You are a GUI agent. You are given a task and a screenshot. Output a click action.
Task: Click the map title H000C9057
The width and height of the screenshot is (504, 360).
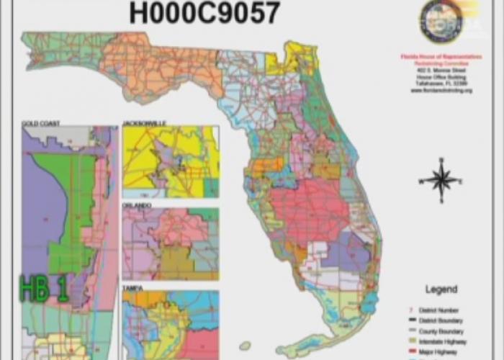(x=204, y=13)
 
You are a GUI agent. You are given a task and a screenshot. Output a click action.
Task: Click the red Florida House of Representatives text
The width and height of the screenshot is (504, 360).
(x=438, y=55)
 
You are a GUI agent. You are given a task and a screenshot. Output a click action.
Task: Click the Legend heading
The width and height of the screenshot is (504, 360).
(x=441, y=289)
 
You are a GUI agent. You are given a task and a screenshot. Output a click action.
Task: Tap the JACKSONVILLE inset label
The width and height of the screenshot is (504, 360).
(x=145, y=124)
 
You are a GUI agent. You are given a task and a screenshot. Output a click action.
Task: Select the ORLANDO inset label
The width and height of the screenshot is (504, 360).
(x=137, y=205)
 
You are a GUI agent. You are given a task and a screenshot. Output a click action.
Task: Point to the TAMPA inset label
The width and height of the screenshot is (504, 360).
(x=132, y=287)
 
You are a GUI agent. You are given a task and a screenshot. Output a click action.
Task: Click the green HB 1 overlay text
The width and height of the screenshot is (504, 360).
(x=43, y=289)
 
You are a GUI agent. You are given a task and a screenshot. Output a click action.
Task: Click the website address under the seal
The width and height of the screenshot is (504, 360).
(x=438, y=91)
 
